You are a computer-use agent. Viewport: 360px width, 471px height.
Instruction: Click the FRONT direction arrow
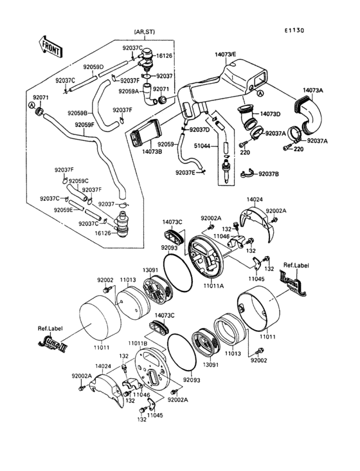51,46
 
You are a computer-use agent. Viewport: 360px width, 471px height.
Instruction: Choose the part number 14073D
270,114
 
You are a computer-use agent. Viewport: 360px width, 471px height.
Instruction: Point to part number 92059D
93,67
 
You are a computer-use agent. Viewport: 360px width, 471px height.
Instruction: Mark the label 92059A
128,91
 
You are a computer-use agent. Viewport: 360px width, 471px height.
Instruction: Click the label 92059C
79,181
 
